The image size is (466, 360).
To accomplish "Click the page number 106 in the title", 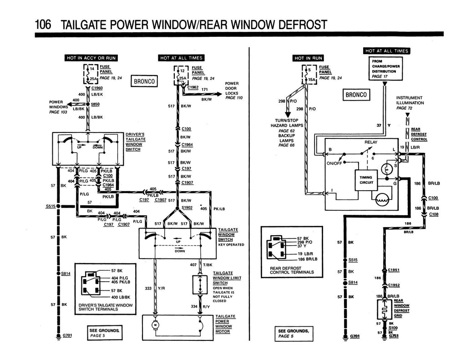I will (x=43, y=24).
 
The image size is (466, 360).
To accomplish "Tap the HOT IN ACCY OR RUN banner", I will (x=91, y=58).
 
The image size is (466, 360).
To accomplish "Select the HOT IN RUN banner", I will (x=308, y=58).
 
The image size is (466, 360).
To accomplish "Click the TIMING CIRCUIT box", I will (x=366, y=180).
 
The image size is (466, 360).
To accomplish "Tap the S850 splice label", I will (x=96, y=104).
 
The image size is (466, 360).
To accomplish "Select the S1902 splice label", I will (x=187, y=207).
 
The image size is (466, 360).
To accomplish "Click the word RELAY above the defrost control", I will (x=371, y=142).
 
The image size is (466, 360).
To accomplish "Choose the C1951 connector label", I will (x=394, y=270).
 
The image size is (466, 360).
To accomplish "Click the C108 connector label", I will (x=434, y=214).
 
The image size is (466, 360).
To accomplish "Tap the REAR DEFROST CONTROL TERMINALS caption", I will (x=292, y=270).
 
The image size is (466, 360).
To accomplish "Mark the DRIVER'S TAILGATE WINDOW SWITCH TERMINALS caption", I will (x=106, y=307).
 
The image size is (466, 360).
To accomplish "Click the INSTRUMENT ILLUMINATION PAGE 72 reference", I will (x=410, y=103).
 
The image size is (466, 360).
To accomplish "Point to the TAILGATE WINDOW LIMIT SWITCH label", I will (x=227, y=278).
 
